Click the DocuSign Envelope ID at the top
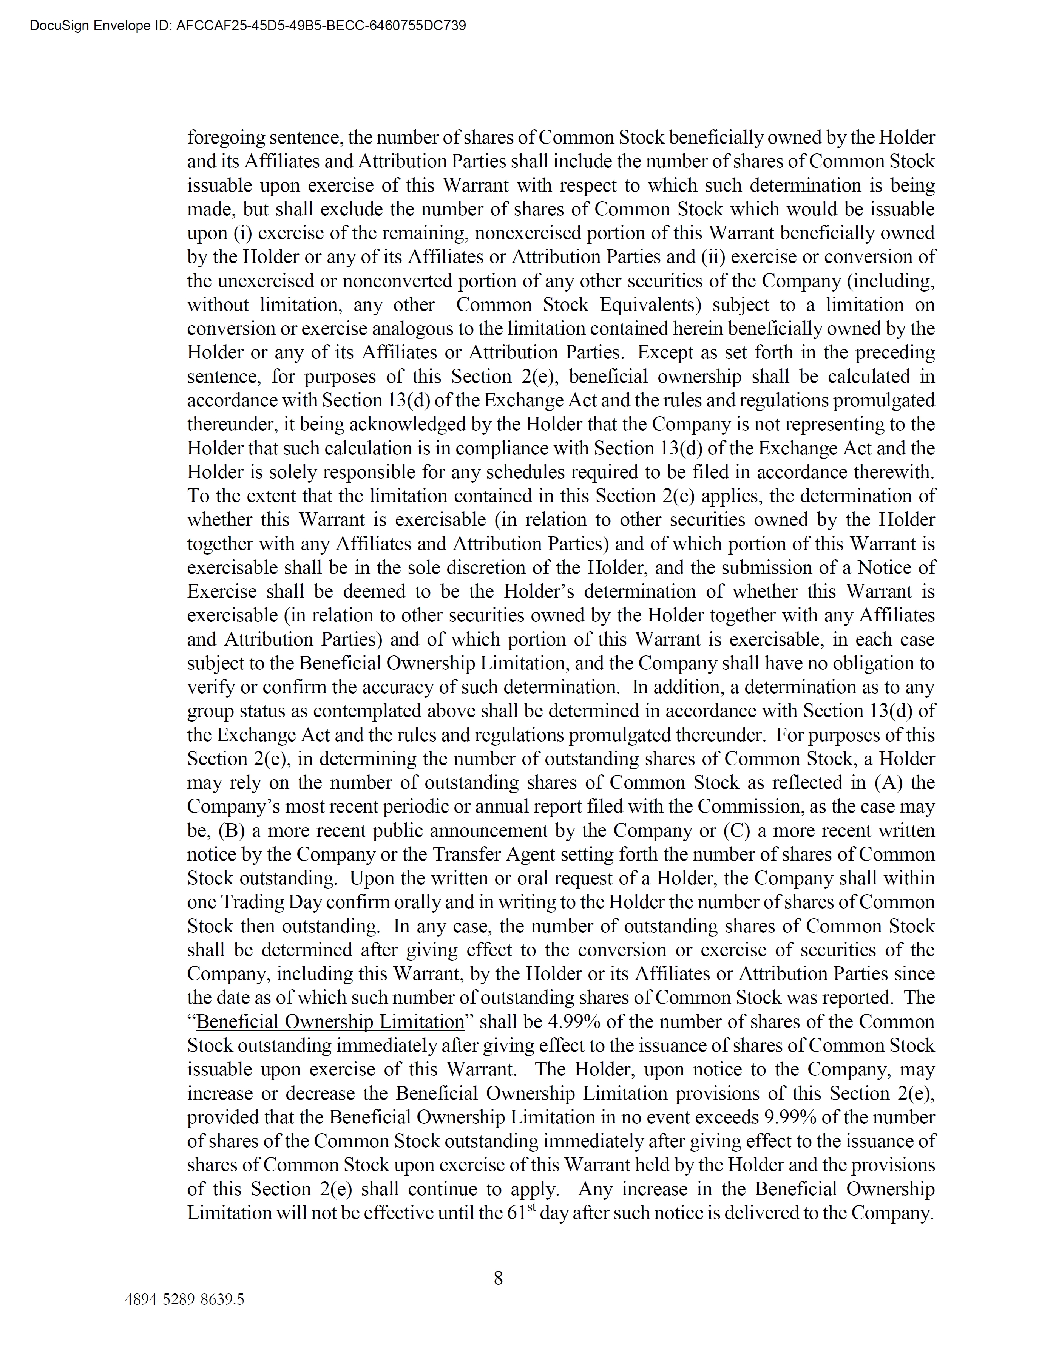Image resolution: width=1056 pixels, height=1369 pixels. pos(247,26)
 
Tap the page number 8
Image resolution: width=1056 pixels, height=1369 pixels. pos(498,1278)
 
